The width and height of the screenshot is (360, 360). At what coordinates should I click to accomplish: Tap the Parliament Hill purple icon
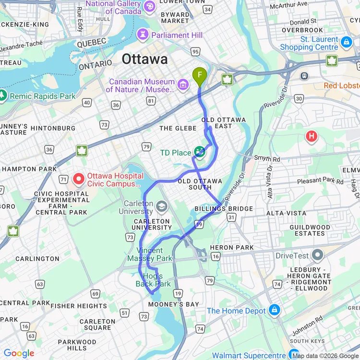[x=143, y=35]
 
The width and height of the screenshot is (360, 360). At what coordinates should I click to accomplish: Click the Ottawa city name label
[x=144, y=59]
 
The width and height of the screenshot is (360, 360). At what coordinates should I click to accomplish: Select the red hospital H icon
[x=312, y=137]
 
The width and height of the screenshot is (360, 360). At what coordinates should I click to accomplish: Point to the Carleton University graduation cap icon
[x=162, y=206]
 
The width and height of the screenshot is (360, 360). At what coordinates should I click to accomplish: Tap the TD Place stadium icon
[x=200, y=153]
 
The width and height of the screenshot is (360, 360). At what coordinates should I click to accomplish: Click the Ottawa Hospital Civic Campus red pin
[x=79, y=180]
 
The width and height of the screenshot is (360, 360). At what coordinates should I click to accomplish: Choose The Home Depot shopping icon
[x=274, y=310]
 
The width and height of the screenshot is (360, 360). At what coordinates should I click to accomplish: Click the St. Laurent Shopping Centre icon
[x=346, y=43]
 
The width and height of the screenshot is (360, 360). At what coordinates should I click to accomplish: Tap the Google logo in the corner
[x=19, y=353]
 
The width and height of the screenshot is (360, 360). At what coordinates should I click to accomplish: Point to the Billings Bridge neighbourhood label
[x=224, y=209]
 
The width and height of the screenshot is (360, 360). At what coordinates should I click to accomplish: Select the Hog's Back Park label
[x=153, y=280]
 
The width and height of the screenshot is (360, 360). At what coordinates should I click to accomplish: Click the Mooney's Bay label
[x=173, y=305]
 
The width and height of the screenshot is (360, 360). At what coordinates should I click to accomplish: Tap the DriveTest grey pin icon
[x=317, y=255]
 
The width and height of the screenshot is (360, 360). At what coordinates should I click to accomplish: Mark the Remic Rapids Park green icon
[x=3, y=96]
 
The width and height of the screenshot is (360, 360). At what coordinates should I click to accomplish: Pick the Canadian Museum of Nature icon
[x=183, y=85]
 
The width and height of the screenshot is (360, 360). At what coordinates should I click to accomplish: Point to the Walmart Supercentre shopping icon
[x=294, y=355]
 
